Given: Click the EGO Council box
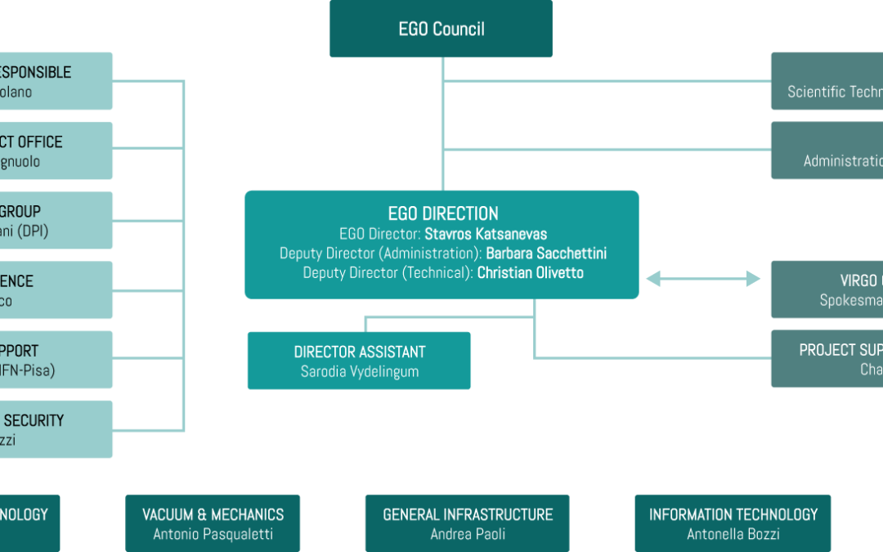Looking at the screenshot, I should (441, 29).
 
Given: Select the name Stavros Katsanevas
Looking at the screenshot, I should (486, 234).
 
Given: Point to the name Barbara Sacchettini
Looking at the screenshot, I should (546, 254).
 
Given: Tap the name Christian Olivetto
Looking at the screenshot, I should (531, 273).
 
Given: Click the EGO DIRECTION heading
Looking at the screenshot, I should (442, 213).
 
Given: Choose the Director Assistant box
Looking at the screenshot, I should (359, 360).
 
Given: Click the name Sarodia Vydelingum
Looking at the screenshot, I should (360, 371).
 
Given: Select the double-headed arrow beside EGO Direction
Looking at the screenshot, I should (703, 280).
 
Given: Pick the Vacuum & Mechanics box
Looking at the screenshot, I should (213, 523).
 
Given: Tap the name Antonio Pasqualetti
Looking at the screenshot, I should (213, 534).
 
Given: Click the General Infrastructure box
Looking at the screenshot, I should (468, 523).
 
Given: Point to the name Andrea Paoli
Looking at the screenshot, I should (468, 534).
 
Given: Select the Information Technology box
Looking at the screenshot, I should (733, 523).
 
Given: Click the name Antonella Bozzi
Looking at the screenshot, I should (733, 534).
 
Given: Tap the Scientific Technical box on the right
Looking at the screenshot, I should (827, 81).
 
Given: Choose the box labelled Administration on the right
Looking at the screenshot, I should (827, 150).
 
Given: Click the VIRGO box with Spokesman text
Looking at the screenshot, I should (827, 289).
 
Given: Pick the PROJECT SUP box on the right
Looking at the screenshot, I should (827, 359).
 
